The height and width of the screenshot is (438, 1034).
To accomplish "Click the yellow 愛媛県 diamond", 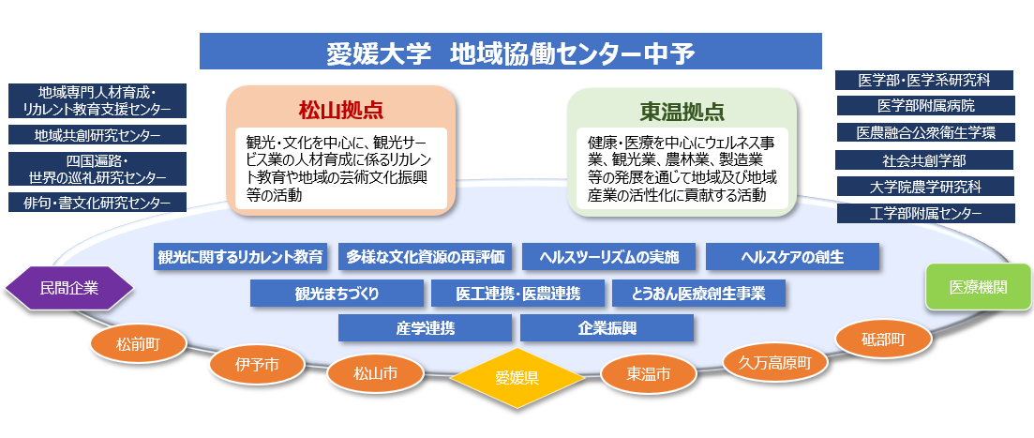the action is [517, 377].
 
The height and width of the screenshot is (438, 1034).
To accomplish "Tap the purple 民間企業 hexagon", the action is [69, 288].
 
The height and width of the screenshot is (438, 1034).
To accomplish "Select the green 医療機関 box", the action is [978, 287].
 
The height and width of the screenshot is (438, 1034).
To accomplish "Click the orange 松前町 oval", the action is [139, 343].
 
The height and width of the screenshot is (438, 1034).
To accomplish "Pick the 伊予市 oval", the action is [257, 363].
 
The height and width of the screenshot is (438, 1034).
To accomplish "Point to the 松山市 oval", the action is [375, 373].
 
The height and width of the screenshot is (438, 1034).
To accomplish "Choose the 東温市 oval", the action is [648, 374].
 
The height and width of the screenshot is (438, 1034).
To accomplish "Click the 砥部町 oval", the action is [883, 340].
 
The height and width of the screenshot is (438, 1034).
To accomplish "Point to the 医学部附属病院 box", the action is [926, 106].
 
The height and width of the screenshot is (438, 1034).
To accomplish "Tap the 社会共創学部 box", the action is [924, 160].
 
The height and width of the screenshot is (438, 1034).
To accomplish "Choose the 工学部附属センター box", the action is [926, 213].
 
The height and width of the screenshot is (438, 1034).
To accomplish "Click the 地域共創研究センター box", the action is [97, 135].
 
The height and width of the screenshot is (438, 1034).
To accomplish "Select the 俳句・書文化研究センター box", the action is [97, 203].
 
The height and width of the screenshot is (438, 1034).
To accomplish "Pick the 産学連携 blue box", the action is [425, 328].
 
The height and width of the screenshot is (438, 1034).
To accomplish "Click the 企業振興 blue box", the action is [607, 328].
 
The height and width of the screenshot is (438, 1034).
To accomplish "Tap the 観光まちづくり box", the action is [337, 294].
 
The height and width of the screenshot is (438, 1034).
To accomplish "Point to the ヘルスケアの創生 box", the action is [792, 257].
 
